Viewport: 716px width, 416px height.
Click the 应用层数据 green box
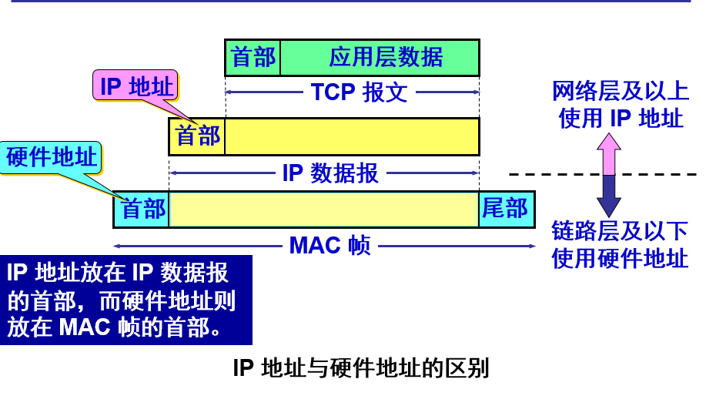click(x=380, y=57)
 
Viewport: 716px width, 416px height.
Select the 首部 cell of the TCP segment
click(x=253, y=57)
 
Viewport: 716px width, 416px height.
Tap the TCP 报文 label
click(x=359, y=92)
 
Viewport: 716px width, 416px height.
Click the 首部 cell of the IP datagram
click(x=197, y=136)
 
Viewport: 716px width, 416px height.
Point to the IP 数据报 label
click(x=330, y=173)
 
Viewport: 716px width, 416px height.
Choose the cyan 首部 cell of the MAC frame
click(x=142, y=210)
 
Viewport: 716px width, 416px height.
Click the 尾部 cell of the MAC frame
click(x=506, y=210)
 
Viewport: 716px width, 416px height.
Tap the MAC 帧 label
click(x=330, y=246)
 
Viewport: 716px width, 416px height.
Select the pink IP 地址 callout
click(x=136, y=86)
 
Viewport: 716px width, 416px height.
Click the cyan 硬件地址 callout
click(x=52, y=158)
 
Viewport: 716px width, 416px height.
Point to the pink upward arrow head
click(x=608, y=144)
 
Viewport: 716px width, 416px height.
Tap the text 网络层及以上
click(x=621, y=92)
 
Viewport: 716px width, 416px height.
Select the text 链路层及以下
click(x=621, y=231)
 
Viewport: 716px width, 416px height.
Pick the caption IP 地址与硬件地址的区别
click(x=360, y=368)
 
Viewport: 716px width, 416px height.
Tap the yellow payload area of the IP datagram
click(x=352, y=136)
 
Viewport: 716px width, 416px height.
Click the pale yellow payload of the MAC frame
click(x=323, y=210)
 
